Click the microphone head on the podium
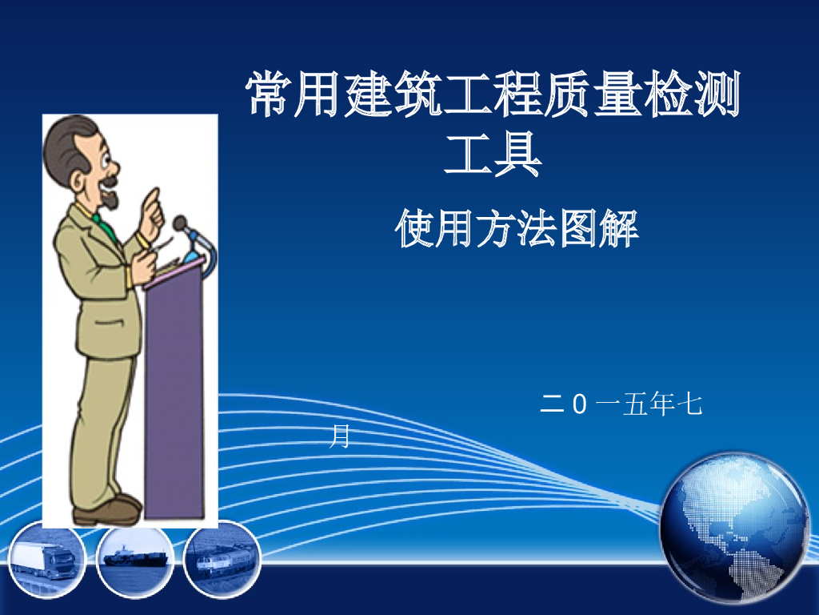pyautogui.click(x=181, y=223)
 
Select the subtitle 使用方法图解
pyautogui.click(x=517, y=229)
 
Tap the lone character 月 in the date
pyautogui.click(x=341, y=437)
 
